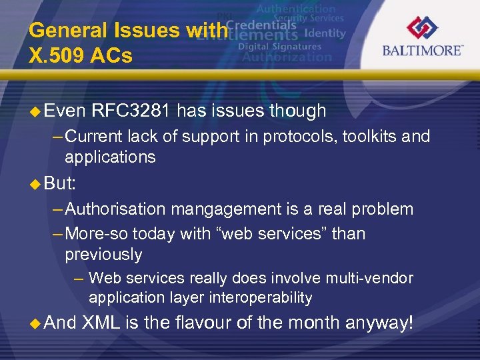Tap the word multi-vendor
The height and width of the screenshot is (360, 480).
pos(372,278)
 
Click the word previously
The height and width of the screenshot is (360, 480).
pos(103,254)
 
